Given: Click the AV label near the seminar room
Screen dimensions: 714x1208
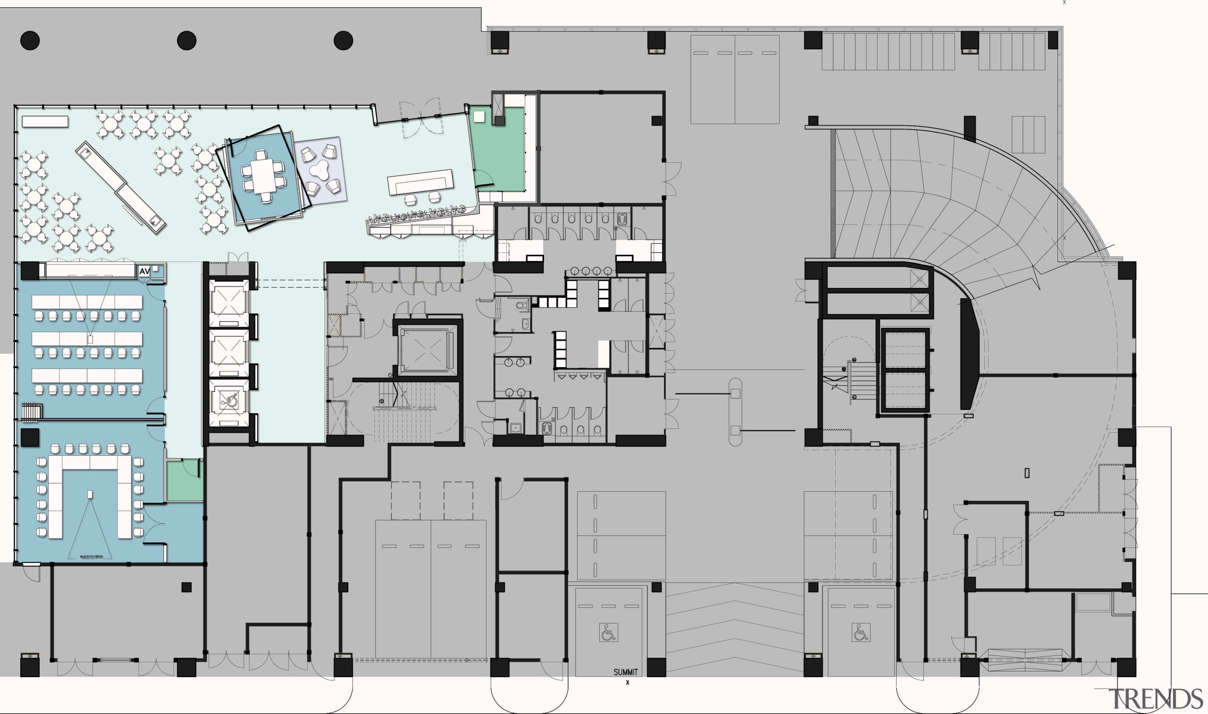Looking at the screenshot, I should [x=144, y=271].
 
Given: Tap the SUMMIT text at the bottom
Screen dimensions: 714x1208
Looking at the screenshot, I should [x=625, y=672].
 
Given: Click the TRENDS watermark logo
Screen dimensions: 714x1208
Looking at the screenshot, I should [x=1155, y=699].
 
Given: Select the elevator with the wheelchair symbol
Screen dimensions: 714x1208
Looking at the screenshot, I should [x=229, y=402].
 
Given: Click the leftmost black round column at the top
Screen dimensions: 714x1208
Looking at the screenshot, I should [x=30, y=41].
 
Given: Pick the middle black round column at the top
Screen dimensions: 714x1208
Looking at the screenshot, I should [x=187, y=41].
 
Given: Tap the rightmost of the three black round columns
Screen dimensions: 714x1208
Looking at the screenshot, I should [x=344, y=41].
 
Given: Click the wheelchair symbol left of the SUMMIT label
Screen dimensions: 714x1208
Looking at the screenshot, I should [x=608, y=633].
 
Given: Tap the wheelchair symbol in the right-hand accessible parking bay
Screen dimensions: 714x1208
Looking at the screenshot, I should [x=861, y=633].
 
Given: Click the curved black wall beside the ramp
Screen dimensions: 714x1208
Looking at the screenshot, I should [x=968, y=353].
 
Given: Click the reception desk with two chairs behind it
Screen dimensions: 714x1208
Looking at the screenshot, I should [x=420, y=182].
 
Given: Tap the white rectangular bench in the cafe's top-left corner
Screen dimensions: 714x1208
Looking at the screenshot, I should [x=45, y=121].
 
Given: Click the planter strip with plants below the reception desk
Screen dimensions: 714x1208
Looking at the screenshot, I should [x=416, y=216].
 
